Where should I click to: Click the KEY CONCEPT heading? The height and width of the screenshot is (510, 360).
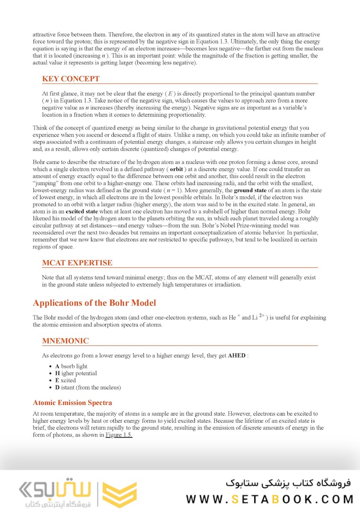pos(71,79)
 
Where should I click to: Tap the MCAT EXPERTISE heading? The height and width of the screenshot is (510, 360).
pos(77,263)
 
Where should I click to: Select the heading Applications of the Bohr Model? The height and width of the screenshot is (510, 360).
pos(94,303)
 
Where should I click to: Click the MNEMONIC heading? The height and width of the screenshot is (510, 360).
pos(65,341)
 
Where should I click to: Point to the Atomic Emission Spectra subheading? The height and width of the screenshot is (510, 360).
pos(72,403)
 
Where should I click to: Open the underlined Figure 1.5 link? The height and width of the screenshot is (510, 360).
pos(118,435)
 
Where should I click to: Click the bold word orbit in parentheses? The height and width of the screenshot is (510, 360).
pos(176,169)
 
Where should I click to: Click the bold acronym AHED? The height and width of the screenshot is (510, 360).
pos(236,355)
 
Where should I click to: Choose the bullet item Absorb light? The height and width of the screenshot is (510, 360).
pos(71,366)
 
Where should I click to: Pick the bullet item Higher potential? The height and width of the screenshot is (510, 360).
pos(76,374)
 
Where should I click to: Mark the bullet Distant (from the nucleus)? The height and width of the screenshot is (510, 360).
pos(88,388)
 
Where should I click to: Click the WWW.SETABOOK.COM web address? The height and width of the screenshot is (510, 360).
pos(269,499)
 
